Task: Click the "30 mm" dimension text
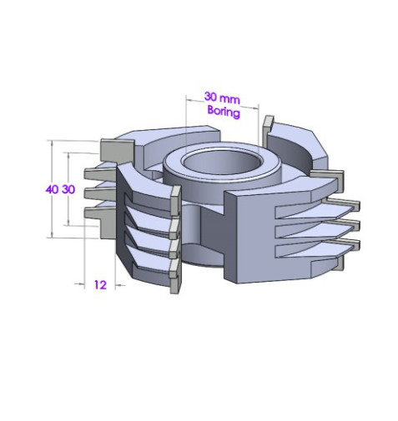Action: pos(222,98)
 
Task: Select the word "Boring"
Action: pos(224,112)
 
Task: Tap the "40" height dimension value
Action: pos(52,189)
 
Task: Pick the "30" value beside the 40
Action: pos(68,189)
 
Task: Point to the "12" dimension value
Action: pos(100,285)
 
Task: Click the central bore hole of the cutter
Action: pos(221,163)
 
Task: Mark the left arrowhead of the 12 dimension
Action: pos(81,283)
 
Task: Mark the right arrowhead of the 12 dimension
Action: pos(118,285)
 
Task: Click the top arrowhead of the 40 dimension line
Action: pos(52,144)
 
